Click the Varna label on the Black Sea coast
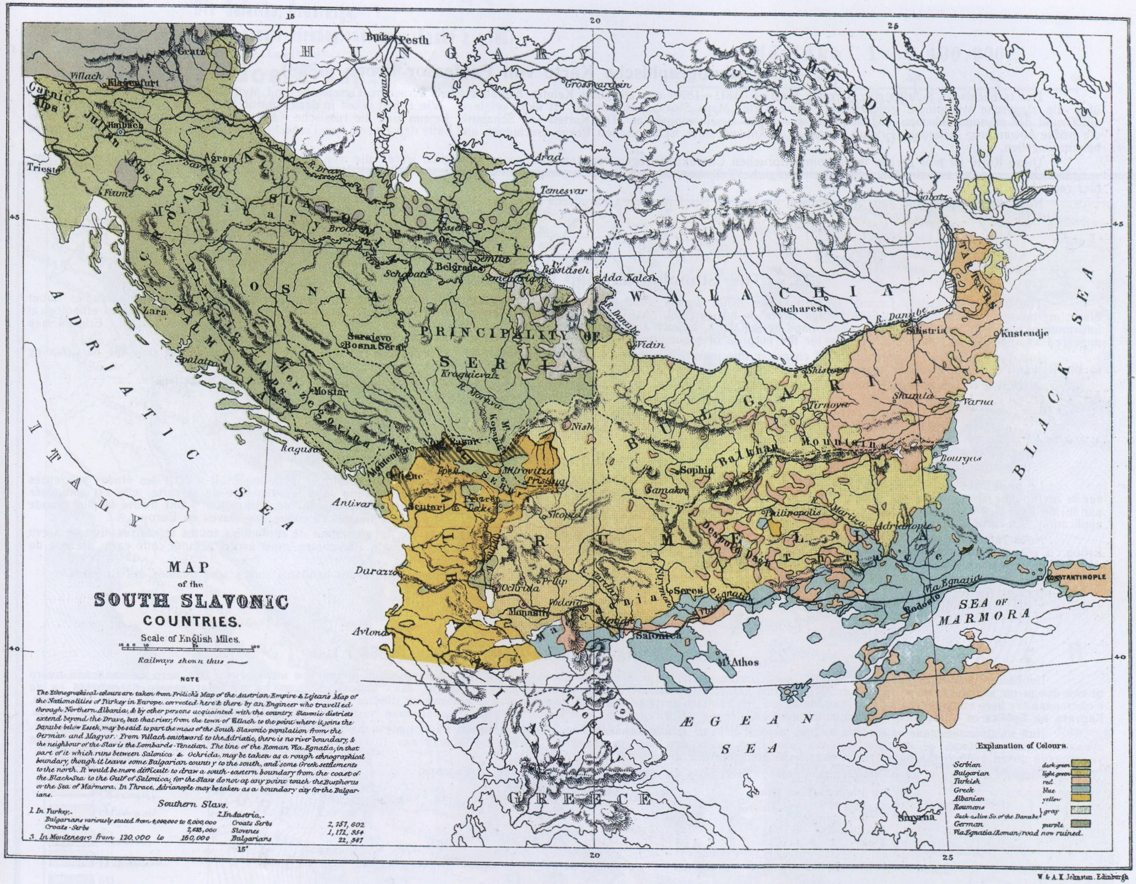click(x=977, y=402)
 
